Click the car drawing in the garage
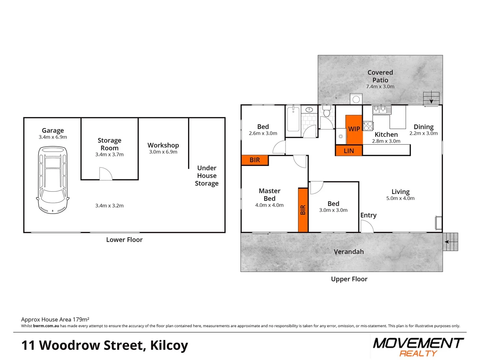coord(53,180)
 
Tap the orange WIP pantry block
coord(354,129)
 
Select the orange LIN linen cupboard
coord(349,151)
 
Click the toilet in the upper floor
coord(326,111)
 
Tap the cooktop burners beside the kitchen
coord(368,126)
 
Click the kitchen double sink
coord(382,109)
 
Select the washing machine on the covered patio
coord(356,99)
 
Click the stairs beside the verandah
coord(451,242)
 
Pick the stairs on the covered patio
coord(431,98)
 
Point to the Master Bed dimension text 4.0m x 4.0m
coord(269,205)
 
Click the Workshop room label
coord(163,145)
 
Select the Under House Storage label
coord(207,176)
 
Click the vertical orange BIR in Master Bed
coord(303,210)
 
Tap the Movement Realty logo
coord(418,347)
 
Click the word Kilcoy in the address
coord(169,345)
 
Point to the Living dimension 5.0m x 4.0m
coord(400,198)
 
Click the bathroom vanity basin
coord(309,109)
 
